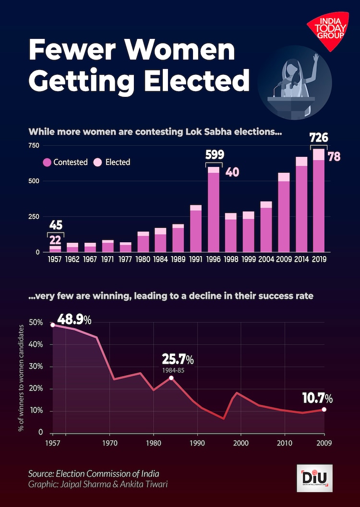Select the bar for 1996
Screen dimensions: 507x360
pyautogui.click(x=213, y=209)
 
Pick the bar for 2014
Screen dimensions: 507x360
pyautogui.click(x=301, y=204)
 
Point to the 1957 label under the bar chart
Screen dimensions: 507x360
pyautogui.click(x=55, y=259)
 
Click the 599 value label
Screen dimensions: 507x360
pyautogui.click(x=214, y=155)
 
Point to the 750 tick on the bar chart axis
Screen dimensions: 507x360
pyautogui.click(x=35, y=145)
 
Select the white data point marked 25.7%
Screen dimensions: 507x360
pyautogui.click(x=171, y=378)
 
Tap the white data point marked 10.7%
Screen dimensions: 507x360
pyautogui.click(x=324, y=409)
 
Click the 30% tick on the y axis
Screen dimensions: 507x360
pyautogui.click(x=36, y=367)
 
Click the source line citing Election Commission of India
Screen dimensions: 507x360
pyautogui.click(x=94, y=474)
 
